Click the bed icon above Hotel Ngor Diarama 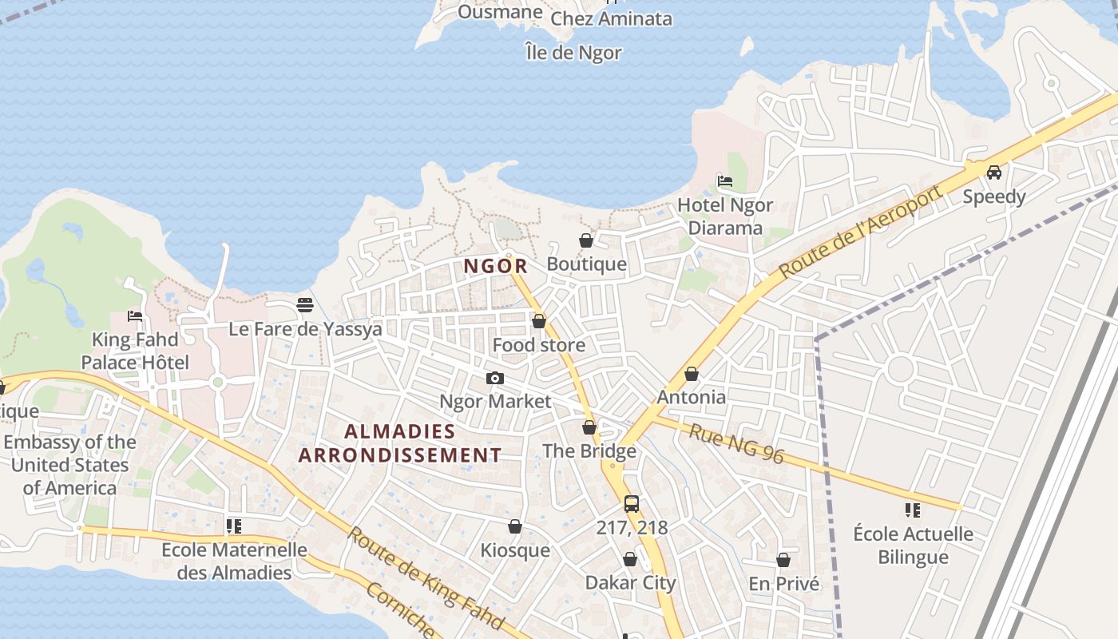coord(725,181)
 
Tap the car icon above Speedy coord(994,172)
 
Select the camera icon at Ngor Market coord(495,378)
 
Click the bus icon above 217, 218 coord(632,504)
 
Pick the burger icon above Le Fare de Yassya coord(304,305)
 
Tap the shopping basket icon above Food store coord(539,322)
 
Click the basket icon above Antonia coord(692,374)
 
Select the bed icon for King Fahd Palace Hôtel coord(135,316)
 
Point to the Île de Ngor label coord(573,53)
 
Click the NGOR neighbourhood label coord(496,266)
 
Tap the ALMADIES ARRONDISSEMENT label coord(400,443)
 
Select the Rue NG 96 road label coord(736,445)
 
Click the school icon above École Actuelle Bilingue coord(913,510)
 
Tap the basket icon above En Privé coord(783,561)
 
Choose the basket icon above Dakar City coord(630,559)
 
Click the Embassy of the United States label coord(70,465)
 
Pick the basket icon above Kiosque coord(515,527)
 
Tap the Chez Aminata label coord(612,18)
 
